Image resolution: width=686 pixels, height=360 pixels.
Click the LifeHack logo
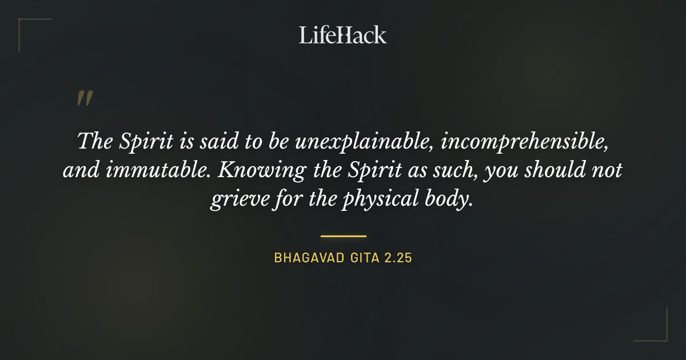pyautogui.click(x=342, y=35)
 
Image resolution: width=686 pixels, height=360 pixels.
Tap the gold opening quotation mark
pyautogui.click(x=84, y=99)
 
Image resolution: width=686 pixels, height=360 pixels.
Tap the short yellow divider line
pyautogui.click(x=343, y=235)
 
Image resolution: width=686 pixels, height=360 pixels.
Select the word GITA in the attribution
pyautogui.click(x=364, y=258)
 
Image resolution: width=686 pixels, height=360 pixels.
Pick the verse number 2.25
pyautogui.click(x=398, y=258)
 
